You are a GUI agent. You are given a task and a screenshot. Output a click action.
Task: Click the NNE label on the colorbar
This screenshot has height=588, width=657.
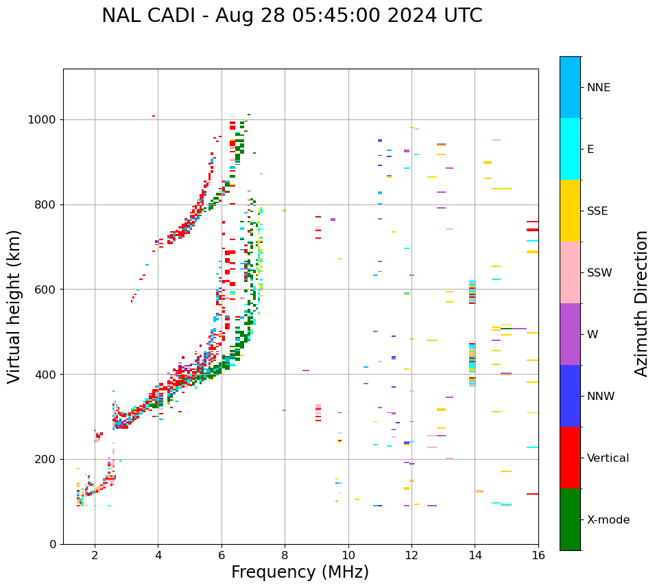coord(598,88)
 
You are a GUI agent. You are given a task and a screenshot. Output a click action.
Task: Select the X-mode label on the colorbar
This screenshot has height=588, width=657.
coord(608,520)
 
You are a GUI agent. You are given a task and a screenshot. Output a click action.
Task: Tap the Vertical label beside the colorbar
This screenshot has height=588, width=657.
coord(608,458)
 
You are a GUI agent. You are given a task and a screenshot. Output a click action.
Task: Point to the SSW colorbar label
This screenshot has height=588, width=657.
coord(599,273)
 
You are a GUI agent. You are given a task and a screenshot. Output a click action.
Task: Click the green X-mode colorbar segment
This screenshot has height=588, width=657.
coord(570,519)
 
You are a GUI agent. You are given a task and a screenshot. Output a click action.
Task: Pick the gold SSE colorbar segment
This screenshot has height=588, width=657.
coord(570,211)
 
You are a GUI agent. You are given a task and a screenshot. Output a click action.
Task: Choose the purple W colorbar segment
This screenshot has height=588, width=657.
coord(570,334)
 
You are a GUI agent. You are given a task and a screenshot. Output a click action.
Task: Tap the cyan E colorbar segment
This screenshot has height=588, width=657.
coord(570,149)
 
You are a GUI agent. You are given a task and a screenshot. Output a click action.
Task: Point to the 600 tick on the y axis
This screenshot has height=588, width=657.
coord(47,290)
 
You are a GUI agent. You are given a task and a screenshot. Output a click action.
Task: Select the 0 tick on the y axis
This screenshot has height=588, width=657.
coord(53,544)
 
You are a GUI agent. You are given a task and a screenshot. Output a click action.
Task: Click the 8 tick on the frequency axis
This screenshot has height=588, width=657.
coord(285,554)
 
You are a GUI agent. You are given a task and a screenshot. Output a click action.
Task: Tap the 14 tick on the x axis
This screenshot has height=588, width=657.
coord(475,554)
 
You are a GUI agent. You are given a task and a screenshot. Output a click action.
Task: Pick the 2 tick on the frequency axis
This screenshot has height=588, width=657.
coord(95,554)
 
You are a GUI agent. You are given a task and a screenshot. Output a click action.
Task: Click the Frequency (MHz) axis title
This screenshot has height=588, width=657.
coord(300,572)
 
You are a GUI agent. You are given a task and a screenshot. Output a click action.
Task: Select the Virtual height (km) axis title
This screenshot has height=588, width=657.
coord(14,306)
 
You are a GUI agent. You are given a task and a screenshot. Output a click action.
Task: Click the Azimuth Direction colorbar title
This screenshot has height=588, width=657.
coord(641,303)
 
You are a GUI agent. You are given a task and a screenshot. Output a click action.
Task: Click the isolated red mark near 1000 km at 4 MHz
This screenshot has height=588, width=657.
coord(154,116)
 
